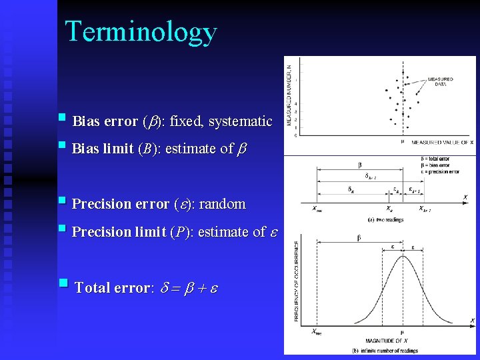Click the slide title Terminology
pyautogui.click(x=141, y=31)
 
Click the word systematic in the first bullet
pyautogui.click(x=240, y=121)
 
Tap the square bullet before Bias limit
pyautogui.click(x=62, y=145)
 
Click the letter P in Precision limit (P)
pyautogui.click(x=177, y=232)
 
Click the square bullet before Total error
pyautogui.click(x=63, y=283)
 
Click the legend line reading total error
pyautogui.click(x=435, y=159)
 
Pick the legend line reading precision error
pyautogui.click(x=440, y=171)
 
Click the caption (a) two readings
pyautogui.click(x=385, y=219)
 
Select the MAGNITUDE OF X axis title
pyautogui.click(x=387, y=340)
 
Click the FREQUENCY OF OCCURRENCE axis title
pyautogui.click(x=297, y=282)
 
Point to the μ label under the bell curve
pyautogui.click(x=402, y=331)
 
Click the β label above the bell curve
pyautogui.click(x=359, y=237)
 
